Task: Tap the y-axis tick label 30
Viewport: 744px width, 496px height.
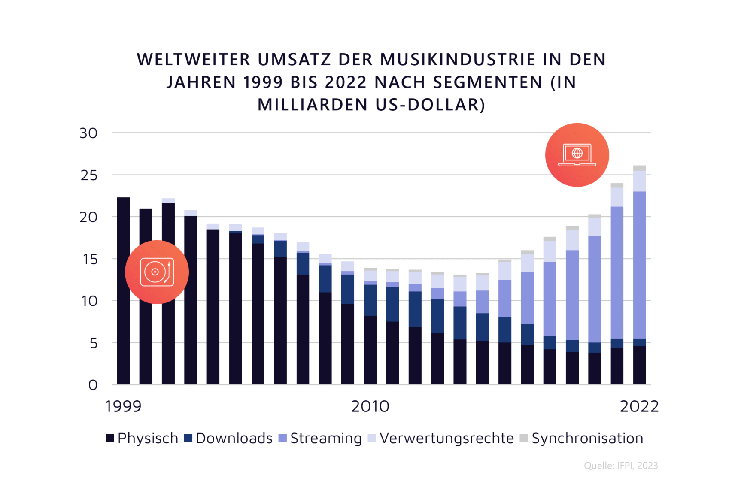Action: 88,133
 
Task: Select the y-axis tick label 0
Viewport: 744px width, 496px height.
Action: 93,385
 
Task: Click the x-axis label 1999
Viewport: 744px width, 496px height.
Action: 123,406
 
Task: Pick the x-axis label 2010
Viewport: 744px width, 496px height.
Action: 370,406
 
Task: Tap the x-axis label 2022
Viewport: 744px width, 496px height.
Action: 639,406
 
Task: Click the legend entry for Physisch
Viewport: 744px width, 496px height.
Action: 142,438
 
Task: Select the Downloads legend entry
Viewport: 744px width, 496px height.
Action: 228,438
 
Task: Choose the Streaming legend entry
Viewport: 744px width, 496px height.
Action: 320,438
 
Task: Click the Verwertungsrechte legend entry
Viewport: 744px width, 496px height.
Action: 441,438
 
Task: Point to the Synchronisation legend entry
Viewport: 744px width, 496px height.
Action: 581,438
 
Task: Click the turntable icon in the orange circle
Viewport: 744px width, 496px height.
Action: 157,272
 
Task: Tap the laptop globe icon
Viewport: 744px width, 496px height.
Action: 577,155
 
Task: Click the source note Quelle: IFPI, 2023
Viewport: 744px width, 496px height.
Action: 620,466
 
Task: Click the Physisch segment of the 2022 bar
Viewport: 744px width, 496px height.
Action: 639,365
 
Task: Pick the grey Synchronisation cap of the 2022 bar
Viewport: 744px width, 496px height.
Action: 639,168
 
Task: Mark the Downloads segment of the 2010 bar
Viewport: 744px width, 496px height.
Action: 370,300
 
